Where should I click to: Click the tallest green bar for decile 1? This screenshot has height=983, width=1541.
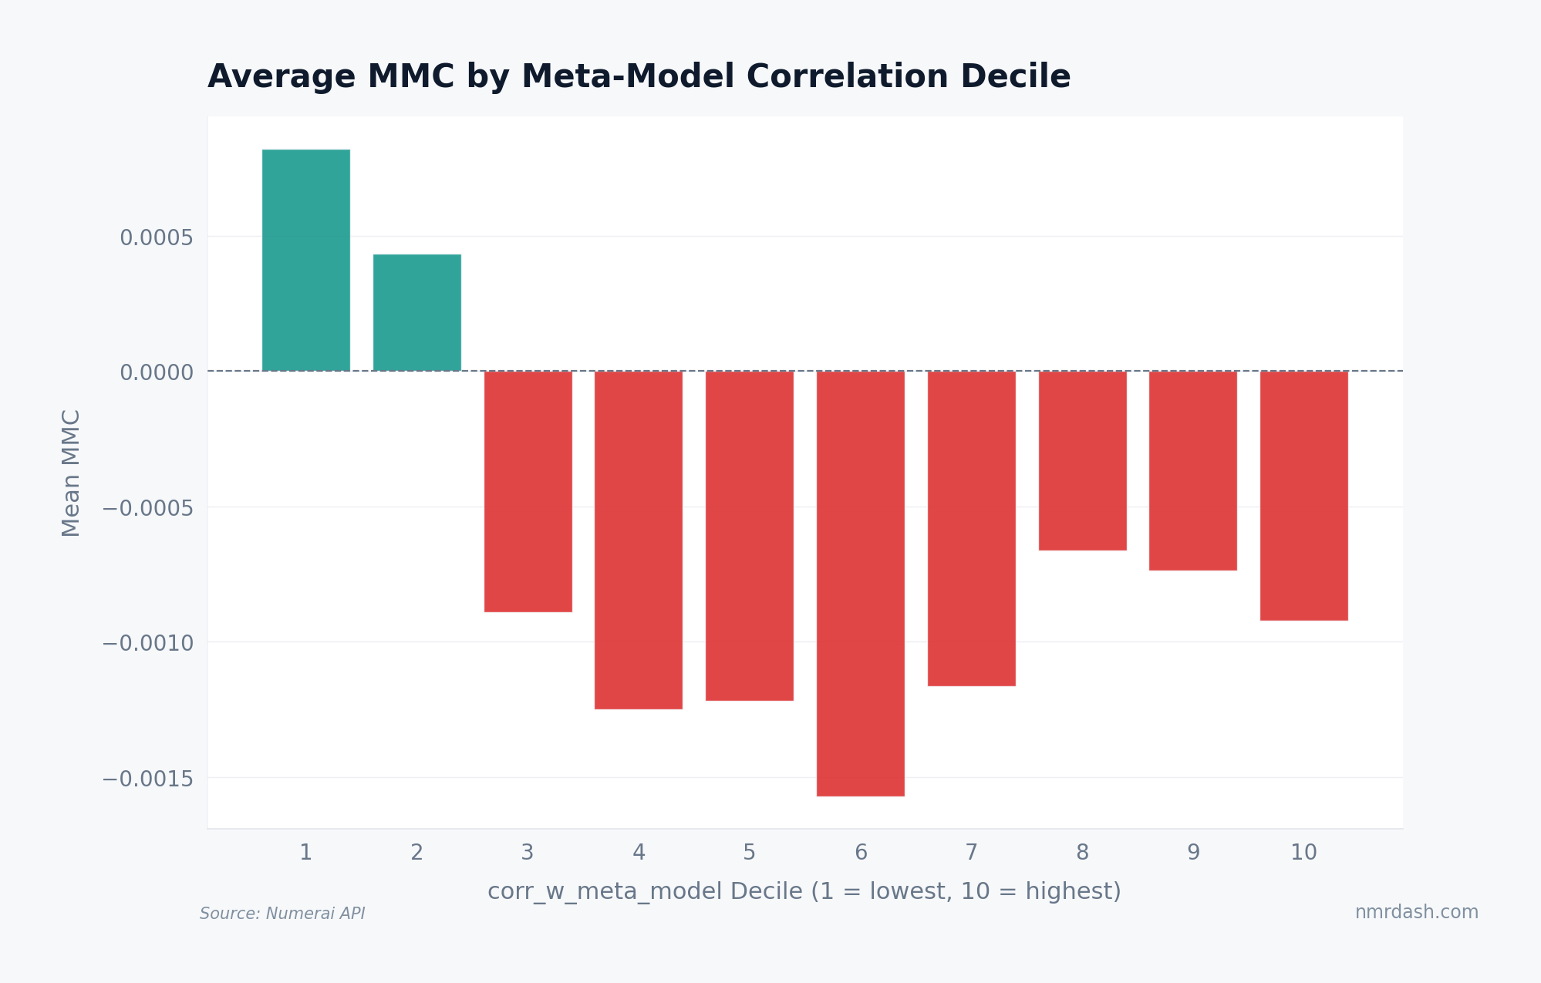[x=305, y=260]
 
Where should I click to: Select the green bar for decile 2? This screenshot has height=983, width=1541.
[x=416, y=312]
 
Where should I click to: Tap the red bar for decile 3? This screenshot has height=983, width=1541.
[x=528, y=491]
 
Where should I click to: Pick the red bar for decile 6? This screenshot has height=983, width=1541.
[x=860, y=583]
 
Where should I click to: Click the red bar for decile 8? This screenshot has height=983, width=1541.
[x=1082, y=460]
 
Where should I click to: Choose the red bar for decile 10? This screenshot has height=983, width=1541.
[x=1303, y=495]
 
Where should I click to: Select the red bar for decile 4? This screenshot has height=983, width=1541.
[x=638, y=540]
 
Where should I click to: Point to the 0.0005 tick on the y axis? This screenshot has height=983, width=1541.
[x=156, y=237]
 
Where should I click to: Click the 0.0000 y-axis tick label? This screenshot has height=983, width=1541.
[x=156, y=372]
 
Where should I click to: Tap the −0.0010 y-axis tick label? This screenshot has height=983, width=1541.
[x=147, y=643]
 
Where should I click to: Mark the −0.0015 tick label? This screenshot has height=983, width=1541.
[x=147, y=779]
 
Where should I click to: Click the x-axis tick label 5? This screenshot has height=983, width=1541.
[x=749, y=853]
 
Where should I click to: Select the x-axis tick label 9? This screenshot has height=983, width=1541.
[x=1193, y=853]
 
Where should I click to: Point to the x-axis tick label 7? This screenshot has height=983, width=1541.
[x=971, y=853]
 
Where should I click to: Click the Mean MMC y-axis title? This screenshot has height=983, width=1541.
[x=71, y=473]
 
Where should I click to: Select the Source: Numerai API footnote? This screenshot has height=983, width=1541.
[x=282, y=914]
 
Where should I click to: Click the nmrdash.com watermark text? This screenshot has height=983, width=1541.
[x=1416, y=912]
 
